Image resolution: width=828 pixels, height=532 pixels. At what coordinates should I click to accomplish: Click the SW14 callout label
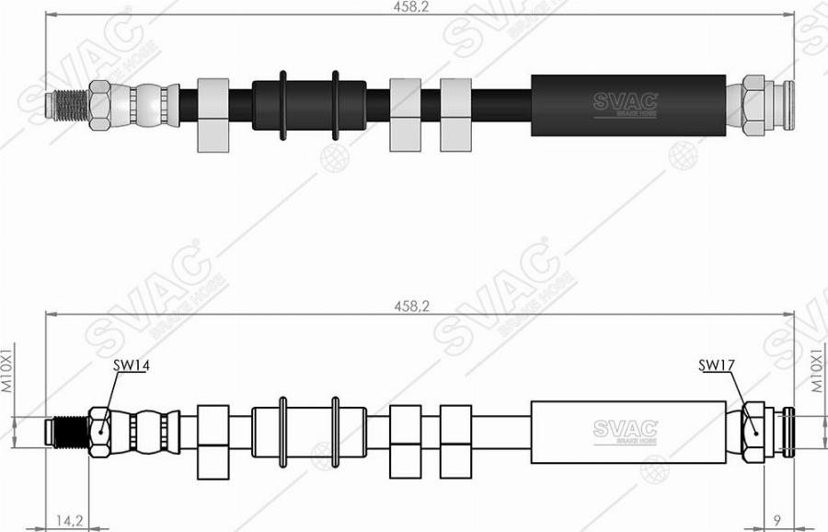point(131,365)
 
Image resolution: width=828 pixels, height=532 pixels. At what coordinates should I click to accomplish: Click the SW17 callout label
point(717,365)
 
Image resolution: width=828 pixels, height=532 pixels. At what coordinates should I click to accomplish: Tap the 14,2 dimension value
point(69,520)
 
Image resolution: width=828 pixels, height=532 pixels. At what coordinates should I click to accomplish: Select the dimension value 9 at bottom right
point(776,520)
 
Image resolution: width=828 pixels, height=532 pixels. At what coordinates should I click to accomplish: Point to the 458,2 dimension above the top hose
point(411,7)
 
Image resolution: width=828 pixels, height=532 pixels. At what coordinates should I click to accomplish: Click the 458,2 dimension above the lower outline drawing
point(411,306)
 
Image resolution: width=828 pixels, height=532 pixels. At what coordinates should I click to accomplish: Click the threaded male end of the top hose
point(67,106)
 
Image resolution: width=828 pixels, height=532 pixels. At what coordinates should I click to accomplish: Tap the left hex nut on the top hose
point(99,106)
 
